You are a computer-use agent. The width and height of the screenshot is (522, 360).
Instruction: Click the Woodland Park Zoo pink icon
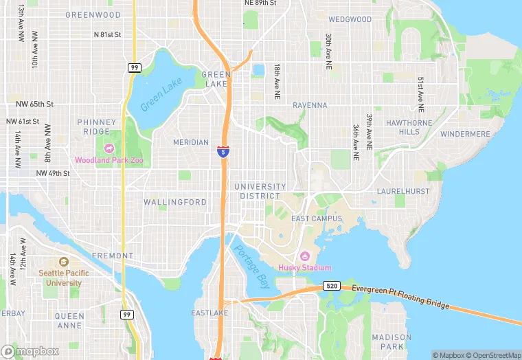tap(109, 148)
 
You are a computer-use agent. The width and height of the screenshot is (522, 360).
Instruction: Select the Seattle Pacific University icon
tap(63, 262)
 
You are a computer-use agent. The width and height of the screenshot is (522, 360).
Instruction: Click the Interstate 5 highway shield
tap(223, 151)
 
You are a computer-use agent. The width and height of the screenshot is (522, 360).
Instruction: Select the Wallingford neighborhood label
tap(175, 203)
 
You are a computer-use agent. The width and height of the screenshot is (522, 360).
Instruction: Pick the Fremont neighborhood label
tap(112, 256)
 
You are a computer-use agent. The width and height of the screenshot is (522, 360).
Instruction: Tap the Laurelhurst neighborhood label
tap(402, 191)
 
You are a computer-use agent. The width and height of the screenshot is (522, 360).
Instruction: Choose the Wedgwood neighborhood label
tap(350, 19)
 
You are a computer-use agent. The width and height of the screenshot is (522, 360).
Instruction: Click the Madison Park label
tap(391, 341)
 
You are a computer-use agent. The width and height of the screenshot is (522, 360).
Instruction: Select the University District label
tap(260, 191)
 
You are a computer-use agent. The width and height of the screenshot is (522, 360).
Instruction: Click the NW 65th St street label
tap(35, 104)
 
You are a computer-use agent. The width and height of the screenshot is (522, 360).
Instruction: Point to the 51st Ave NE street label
tap(420, 94)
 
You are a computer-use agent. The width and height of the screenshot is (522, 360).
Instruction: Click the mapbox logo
tap(30, 351)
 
